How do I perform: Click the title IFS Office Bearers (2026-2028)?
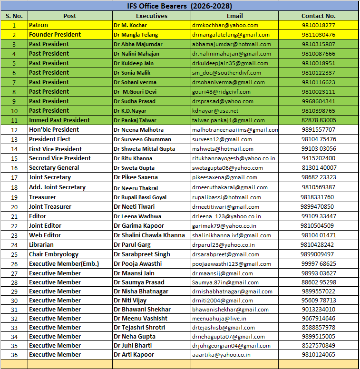180,6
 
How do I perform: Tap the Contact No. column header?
318,16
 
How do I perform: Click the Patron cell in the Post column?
39,25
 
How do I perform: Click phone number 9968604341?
318,101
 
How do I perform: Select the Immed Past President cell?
59,120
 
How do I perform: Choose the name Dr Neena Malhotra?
138,130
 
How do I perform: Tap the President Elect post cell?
49,139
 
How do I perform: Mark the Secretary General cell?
54,168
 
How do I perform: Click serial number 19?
14,197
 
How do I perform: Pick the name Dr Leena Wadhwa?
137,216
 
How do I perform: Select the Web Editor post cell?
45,235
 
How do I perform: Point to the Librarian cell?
41,245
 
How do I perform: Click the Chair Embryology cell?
54,254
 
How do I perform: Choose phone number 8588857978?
318,328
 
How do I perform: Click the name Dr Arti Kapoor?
134,355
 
